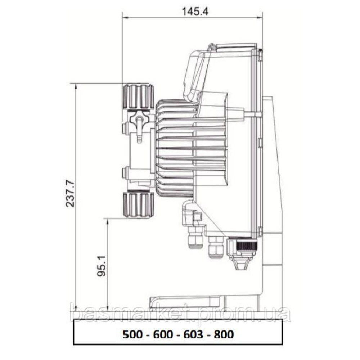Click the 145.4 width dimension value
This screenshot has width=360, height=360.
point(195,11)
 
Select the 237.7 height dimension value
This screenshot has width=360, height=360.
point(70,194)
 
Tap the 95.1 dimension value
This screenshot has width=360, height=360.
point(102,266)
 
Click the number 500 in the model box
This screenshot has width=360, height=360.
point(132,334)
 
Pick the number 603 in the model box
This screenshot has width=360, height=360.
point(193,334)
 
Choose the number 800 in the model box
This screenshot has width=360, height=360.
point(224,334)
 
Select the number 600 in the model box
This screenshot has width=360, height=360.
point(163,334)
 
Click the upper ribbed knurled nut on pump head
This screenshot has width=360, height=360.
point(139,96)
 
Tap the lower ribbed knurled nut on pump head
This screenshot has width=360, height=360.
point(139,205)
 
